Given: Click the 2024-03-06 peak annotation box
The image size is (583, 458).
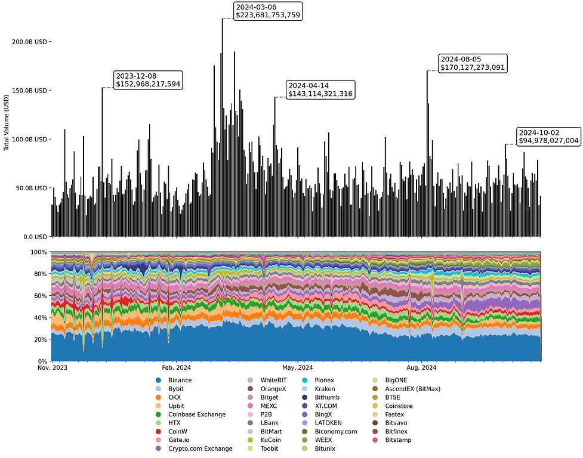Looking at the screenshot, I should point(268,11).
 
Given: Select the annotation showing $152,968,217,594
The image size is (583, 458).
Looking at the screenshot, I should point(147,80).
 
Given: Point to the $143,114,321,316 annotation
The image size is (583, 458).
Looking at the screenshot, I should point(320,89).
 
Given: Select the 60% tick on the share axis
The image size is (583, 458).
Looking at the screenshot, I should point(39,296).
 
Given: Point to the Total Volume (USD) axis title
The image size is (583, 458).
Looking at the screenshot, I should point(7,122).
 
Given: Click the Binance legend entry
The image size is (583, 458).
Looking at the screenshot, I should point(180,380).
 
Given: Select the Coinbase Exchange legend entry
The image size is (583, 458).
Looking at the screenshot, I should point(196,414).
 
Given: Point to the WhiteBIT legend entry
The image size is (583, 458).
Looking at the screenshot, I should point(273,380).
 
